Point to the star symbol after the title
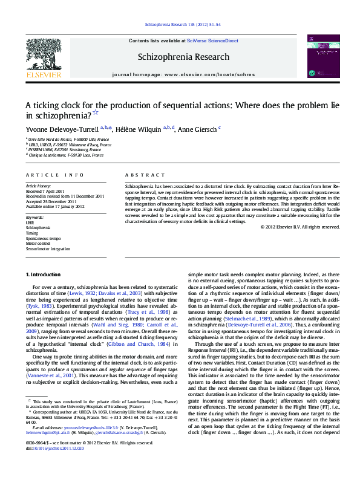(x=96, y=112)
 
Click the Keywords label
(x=34, y=216)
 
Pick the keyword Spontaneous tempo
(x=43, y=239)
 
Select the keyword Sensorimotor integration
(x=48, y=248)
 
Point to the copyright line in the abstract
(x=300, y=227)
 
